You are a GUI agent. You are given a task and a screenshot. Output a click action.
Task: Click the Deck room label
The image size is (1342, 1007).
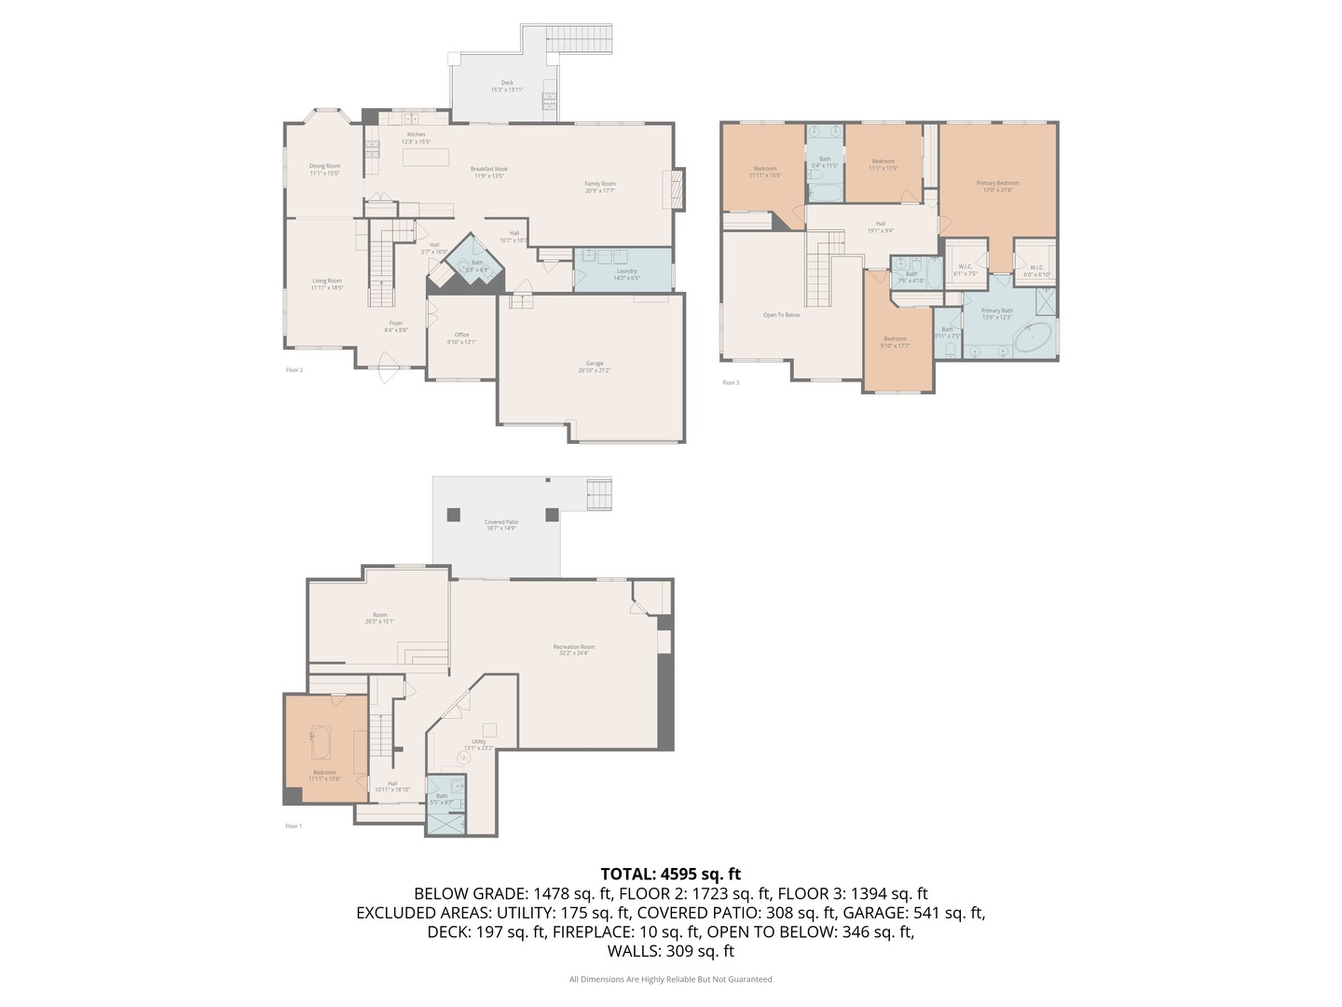tap(507, 86)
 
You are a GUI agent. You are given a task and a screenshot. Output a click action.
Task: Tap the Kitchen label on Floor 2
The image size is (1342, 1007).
tap(416, 138)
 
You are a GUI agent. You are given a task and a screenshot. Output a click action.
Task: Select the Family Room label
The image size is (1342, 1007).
tap(600, 186)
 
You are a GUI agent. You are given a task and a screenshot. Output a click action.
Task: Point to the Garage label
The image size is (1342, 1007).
tap(595, 366)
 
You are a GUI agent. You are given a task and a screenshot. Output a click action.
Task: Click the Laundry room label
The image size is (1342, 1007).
tap(626, 274)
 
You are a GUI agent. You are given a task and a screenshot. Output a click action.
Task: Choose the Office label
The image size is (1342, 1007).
tap(461, 338)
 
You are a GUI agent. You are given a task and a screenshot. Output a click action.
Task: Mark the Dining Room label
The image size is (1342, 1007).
tap(324, 169)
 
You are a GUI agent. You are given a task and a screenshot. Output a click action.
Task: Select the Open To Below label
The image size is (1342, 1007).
tap(781, 315)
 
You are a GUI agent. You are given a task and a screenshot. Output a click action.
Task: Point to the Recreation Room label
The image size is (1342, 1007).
tap(573, 649)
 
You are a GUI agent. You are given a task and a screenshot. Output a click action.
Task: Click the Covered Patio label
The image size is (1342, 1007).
tap(500, 525)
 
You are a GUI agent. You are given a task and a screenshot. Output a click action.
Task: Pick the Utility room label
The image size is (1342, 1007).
tap(478, 744)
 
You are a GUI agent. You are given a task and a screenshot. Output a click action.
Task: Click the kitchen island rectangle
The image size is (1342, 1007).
tap(425, 157)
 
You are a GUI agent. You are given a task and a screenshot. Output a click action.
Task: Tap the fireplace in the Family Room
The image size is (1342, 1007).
tap(674, 189)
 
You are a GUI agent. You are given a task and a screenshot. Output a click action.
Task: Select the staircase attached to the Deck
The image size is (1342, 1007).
tap(580, 40)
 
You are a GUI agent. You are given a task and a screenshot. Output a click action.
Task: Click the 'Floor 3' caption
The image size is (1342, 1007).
tap(731, 382)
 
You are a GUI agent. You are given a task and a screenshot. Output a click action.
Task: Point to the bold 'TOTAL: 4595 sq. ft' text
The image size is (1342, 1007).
tap(670, 874)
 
